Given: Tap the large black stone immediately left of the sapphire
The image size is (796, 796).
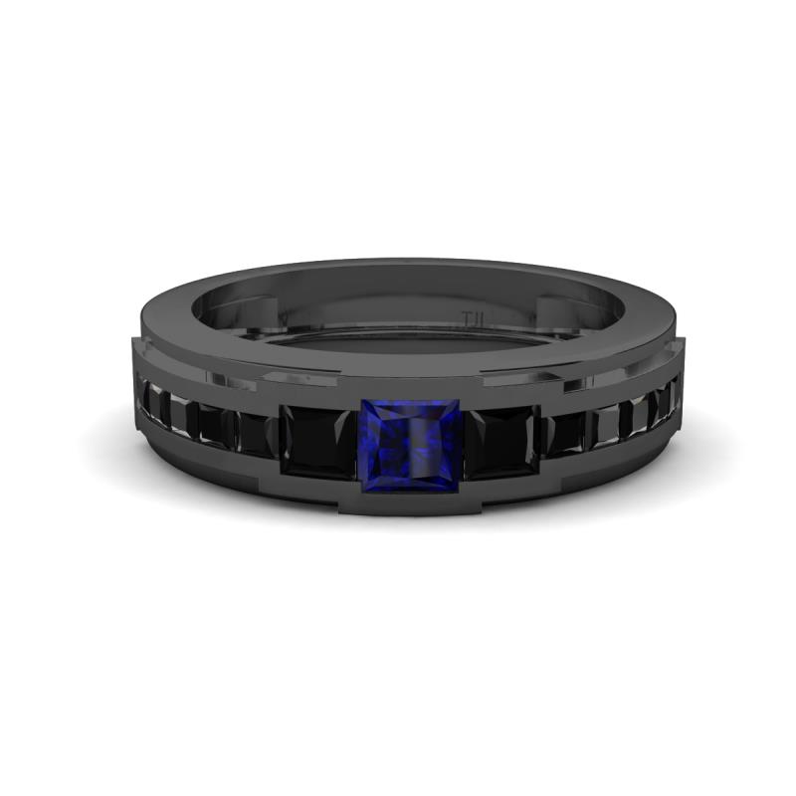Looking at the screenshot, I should pos(316,442).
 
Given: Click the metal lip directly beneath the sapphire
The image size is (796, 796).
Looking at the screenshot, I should pos(408,503).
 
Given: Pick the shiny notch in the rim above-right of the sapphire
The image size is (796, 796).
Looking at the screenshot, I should pos(517,378).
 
